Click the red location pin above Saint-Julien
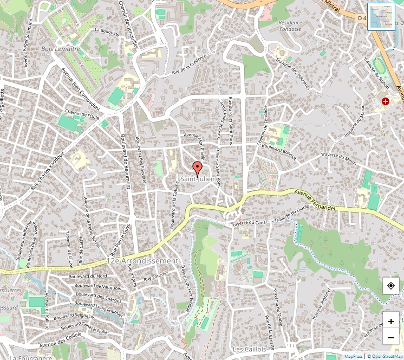198,168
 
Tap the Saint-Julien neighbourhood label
198,178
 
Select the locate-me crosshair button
390,285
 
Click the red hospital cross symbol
386,101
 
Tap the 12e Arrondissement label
143,261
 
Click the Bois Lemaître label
61,49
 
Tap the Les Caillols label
249,349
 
